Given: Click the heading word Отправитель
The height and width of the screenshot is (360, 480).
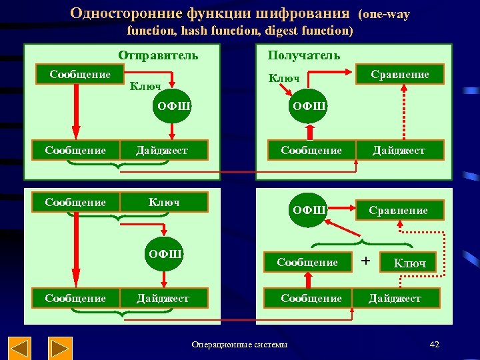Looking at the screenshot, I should coord(158,55).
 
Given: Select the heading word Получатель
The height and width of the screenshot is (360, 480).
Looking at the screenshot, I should coord(303,55).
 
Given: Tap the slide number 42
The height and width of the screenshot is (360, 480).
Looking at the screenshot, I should coord(435,344).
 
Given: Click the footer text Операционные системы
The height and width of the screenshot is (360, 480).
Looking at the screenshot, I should coord(239,345).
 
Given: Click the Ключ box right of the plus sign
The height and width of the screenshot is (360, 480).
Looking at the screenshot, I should coord(409,263).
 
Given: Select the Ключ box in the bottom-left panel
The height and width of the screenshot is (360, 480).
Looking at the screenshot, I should coord(163,202).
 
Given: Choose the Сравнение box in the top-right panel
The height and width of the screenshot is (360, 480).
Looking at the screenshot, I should coord(400,74).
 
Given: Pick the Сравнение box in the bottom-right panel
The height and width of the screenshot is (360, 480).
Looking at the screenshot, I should coord(399,210).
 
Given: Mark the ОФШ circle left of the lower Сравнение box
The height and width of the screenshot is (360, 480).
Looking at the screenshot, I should coord(309,210).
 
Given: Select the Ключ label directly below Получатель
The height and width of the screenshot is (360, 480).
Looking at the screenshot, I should coord(284,79).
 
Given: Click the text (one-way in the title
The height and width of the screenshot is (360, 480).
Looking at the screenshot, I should coord(384,14).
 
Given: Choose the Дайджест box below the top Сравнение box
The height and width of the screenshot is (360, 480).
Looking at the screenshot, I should coord(399,150).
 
